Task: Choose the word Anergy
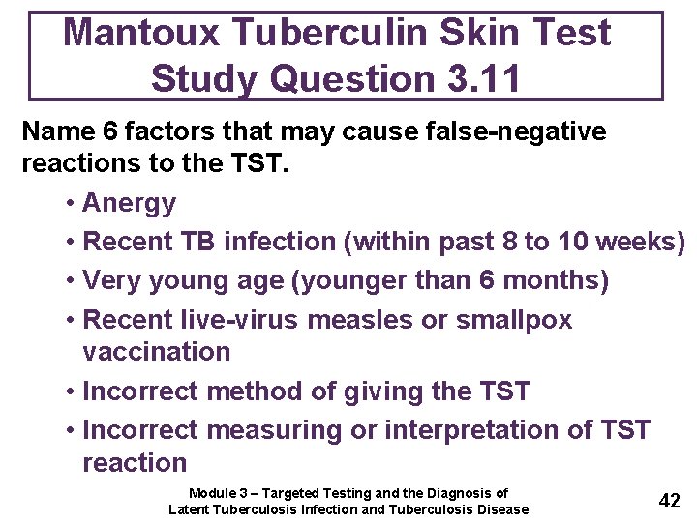(130, 203)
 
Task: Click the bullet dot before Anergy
(72, 204)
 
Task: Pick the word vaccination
(157, 351)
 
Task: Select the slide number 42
(669, 500)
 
